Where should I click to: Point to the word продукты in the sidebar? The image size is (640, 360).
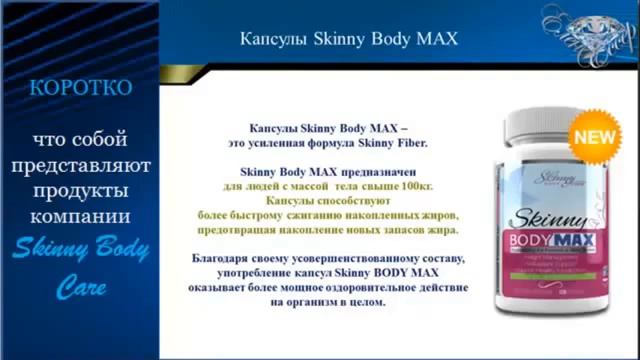point(79,190)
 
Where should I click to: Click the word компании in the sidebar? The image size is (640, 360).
point(79,216)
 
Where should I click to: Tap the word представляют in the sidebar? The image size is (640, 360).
point(80,164)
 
